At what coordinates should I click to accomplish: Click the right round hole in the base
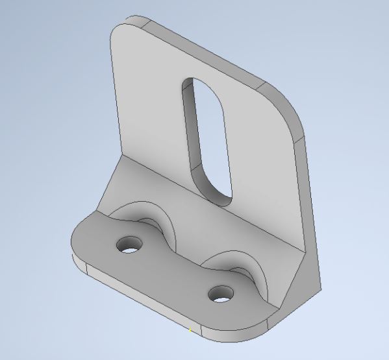click(221, 294)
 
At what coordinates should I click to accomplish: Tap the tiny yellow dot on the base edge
click(190, 331)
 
